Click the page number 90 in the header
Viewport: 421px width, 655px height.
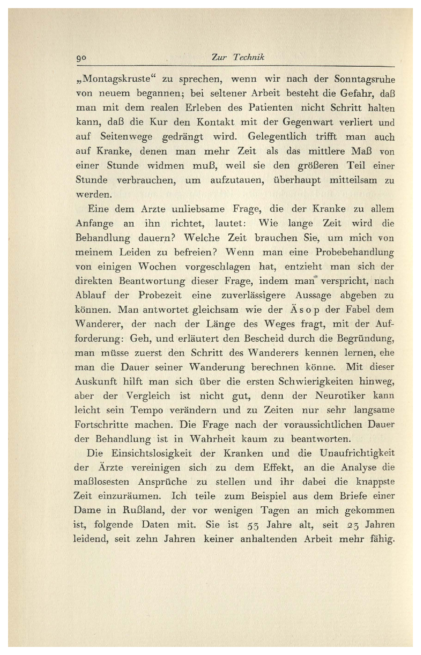pos(81,58)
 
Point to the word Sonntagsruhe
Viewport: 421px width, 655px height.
pos(364,79)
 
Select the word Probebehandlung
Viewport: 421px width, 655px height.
pos(355,252)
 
